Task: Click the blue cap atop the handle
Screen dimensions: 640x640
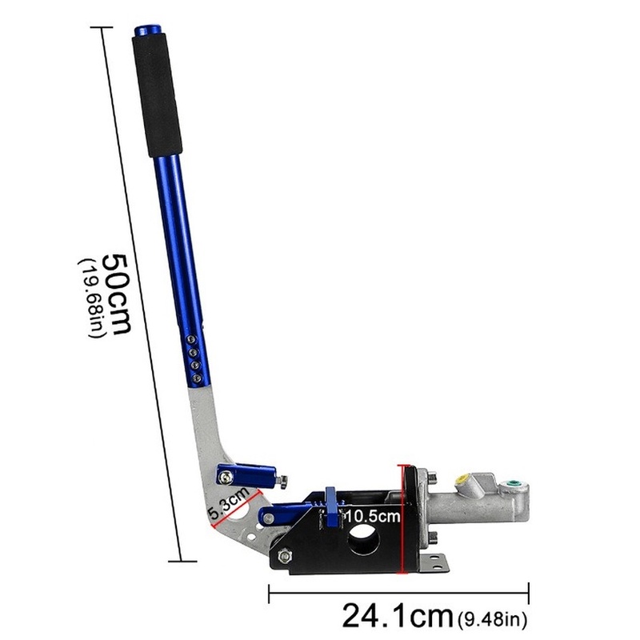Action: [x=148, y=30]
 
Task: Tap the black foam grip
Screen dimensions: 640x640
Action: [x=157, y=95]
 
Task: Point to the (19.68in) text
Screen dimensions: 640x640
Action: [x=92, y=298]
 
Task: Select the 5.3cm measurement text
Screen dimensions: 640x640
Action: [x=229, y=502]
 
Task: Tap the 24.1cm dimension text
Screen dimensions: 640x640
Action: [x=398, y=615]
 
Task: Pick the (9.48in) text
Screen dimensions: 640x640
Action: [x=493, y=619]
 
